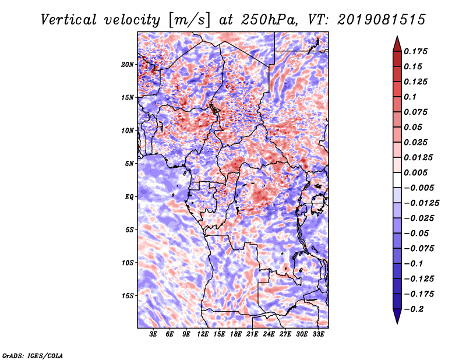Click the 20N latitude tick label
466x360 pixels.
coord(128,65)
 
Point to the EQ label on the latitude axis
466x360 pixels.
coord(129,197)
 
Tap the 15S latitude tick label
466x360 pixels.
coord(128,296)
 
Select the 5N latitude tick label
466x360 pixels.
coord(129,164)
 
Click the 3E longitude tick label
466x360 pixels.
coord(153,334)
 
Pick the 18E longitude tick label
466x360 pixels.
coord(236,334)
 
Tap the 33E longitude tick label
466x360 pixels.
coord(318,334)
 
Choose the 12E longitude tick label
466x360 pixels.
coord(203,334)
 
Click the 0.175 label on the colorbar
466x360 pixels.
coord(415,51)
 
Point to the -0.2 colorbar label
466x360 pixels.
coord(414,309)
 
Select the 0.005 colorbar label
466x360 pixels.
coord(415,172)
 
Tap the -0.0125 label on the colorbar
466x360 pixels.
coord(421,203)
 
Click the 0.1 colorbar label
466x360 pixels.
coord(410,97)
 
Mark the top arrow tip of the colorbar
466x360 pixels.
coord(397,36)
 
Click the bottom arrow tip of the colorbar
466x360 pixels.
coord(397,323)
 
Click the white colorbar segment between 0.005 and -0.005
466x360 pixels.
coord(397,180)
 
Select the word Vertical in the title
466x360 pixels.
coord(68,20)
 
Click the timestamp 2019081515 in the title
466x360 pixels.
coord(381,20)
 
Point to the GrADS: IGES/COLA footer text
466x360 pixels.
coord(33,356)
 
